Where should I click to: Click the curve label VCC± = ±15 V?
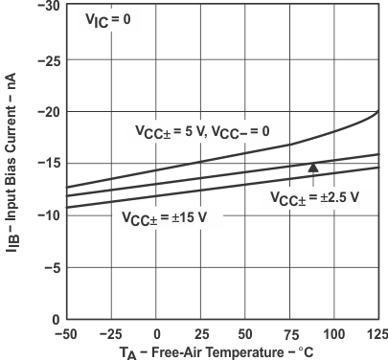[171, 216]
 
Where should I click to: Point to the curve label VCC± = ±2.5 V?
[314, 196]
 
